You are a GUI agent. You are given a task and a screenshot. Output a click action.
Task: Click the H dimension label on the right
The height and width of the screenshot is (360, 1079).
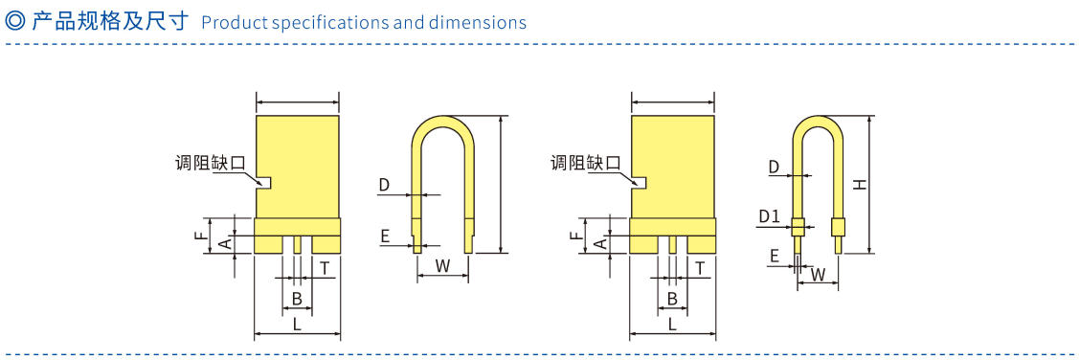(x=860, y=185)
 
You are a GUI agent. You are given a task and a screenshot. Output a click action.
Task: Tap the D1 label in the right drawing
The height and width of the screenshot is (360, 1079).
(x=770, y=216)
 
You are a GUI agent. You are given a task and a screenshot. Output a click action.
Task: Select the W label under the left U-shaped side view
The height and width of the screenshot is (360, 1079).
(x=443, y=267)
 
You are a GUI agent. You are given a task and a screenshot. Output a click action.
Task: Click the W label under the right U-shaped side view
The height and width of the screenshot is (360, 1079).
(x=819, y=274)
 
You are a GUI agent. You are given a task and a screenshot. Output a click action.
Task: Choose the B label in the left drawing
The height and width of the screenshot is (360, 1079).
(x=297, y=299)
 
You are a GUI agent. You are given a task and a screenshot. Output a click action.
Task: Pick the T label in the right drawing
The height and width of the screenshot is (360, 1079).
(x=699, y=268)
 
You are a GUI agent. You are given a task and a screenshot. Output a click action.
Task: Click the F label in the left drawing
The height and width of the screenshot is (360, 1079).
(x=199, y=236)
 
